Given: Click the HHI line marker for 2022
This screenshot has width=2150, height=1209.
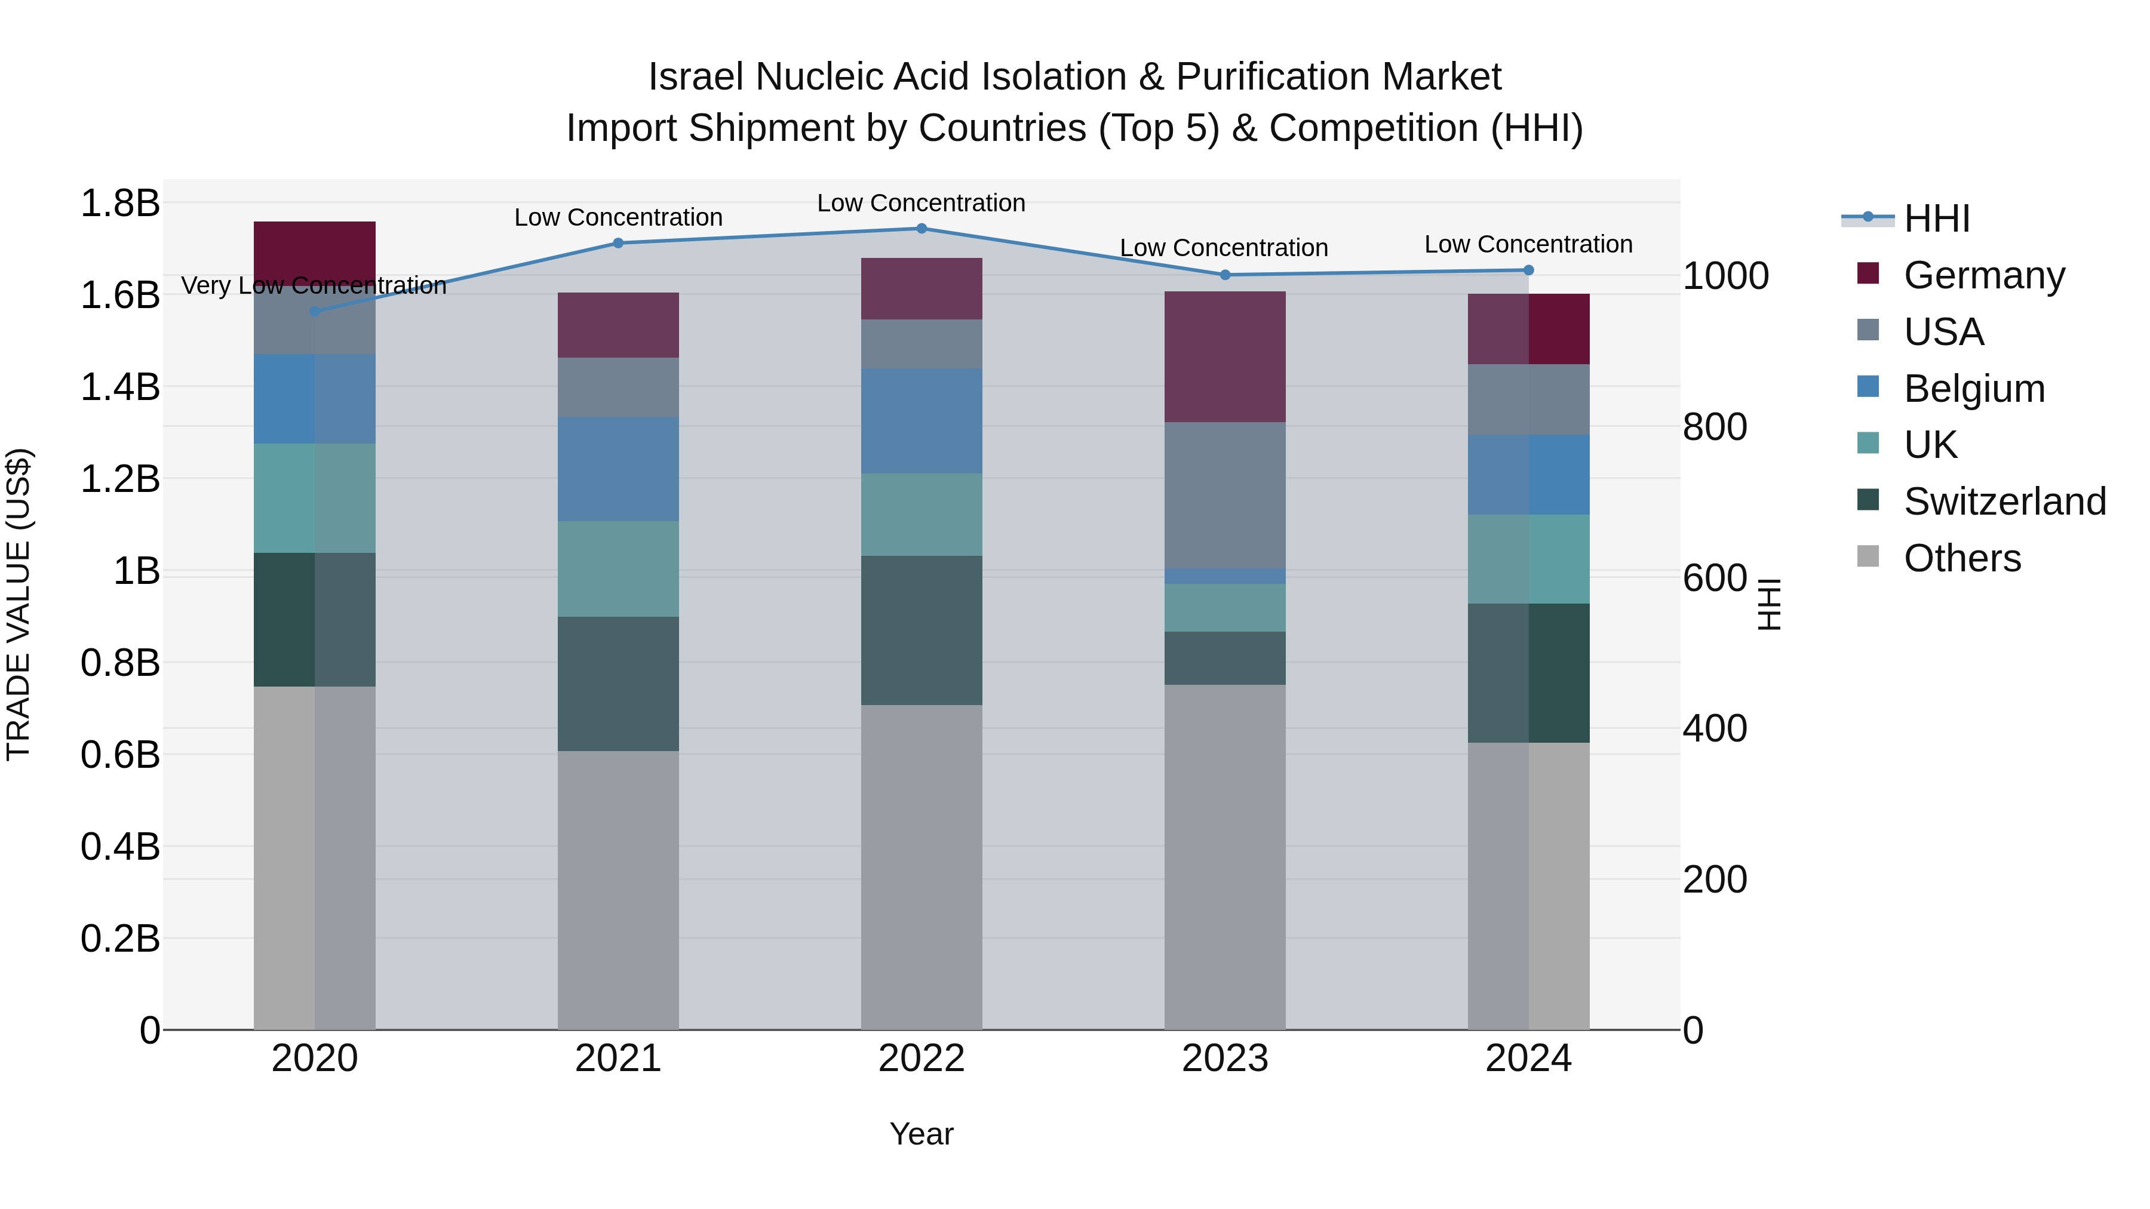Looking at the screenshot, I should click(x=922, y=228).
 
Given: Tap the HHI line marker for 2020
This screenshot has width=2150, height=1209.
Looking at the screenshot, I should click(x=315, y=311).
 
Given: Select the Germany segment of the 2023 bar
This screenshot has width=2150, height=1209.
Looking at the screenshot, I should click(x=1224, y=356).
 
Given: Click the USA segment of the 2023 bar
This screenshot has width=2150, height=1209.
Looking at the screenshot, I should click(x=1224, y=495).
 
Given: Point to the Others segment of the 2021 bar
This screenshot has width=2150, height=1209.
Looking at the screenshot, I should click(x=618, y=890).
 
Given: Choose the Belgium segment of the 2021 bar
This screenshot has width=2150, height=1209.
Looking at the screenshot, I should click(x=618, y=469).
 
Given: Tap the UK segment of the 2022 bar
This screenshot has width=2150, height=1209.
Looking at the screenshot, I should click(x=922, y=514).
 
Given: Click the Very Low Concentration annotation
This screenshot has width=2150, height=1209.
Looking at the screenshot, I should click(x=314, y=285).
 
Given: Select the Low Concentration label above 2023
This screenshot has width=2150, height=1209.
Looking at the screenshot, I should click(x=1224, y=248).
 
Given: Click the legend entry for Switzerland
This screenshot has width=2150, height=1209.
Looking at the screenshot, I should click(x=2004, y=502).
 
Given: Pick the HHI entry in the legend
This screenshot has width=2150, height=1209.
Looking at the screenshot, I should click(x=1936, y=219).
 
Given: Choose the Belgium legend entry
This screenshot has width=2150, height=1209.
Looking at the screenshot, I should click(x=1974, y=389).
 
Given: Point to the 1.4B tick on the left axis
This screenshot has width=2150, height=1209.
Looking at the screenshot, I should click(x=120, y=387).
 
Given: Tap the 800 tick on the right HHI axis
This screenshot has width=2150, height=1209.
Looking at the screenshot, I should click(x=1714, y=427).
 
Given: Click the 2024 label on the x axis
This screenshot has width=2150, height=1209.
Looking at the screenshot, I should click(x=1528, y=1059).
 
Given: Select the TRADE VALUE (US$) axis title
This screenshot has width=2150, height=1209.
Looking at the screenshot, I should click(x=19, y=604).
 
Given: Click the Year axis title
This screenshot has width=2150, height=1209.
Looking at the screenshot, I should click(x=922, y=1134).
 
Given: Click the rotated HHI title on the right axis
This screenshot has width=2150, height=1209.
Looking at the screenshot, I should click(x=1768, y=604).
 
